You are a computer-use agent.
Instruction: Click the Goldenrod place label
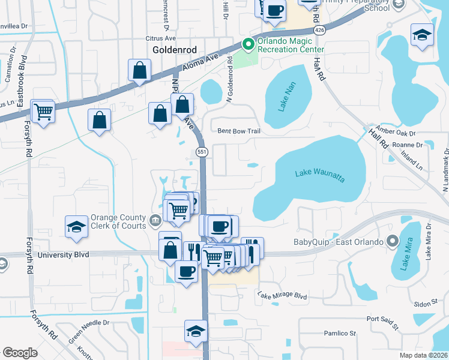tap(172, 51)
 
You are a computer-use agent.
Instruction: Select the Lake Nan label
tap(286, 98)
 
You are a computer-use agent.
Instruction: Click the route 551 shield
tap(202, 152)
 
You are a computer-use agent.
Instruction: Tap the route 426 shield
tap(319, 29)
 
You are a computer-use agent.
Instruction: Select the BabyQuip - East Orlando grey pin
tap(393, 242)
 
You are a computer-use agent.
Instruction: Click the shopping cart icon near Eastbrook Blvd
tap(43, 111)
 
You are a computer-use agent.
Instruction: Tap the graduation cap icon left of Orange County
tap(76, 226)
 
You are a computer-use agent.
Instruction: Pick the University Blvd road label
tap(63, 255)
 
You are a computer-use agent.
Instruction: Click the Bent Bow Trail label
tap(238, 131)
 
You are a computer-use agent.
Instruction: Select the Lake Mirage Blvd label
tap(282, 296)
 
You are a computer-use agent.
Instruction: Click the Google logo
tap(20, 353)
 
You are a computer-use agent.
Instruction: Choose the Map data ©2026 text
tap(423, 355)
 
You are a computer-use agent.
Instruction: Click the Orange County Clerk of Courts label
tap(118, 221)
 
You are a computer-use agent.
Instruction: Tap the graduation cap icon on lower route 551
tap(196, 332)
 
